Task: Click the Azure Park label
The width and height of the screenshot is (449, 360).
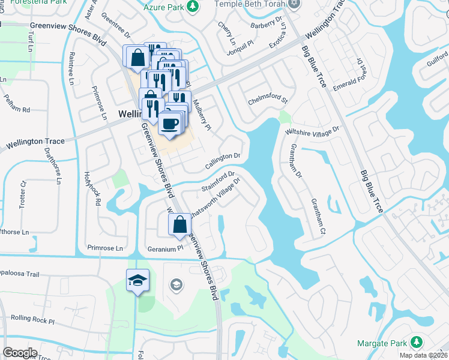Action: coord(164,6)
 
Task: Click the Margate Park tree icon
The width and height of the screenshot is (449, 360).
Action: coord(415,343)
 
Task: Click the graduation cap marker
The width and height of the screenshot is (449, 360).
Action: coord(137,281)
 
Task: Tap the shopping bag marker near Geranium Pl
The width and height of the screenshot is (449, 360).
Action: coord(180,226)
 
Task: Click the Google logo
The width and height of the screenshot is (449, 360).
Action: coord(20,352)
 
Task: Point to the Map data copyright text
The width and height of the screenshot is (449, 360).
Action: coord(421,355)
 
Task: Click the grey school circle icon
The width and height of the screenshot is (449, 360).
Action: coord(176,284)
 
